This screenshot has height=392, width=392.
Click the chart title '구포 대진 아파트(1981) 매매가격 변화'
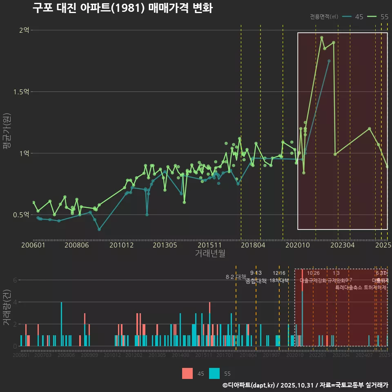[x=122, y=9]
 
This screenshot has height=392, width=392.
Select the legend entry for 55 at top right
[x=378, y=17]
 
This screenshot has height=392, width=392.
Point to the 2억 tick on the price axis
[x=24, y=30]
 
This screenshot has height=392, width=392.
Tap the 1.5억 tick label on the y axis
[x=21, y=92]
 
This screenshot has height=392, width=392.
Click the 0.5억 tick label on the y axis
[x=21, y=215]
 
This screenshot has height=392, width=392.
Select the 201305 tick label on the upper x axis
[x=165, y=245]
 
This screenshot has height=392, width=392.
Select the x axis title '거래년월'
[x=210, y=254]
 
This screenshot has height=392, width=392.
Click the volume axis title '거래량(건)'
[x=7, y=307]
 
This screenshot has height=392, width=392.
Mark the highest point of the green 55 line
[x=322, y=38]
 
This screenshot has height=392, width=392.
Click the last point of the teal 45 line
[x=329, y=61]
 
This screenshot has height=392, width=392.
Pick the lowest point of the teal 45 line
[x=99, y=229]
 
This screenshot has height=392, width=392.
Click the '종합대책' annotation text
[x=256, y=281]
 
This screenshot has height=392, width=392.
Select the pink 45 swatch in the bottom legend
[x=187, y=373]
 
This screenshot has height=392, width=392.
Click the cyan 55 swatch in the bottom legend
[x=214, y=373]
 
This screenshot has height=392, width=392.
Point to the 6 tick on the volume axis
[x=15, y=280]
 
